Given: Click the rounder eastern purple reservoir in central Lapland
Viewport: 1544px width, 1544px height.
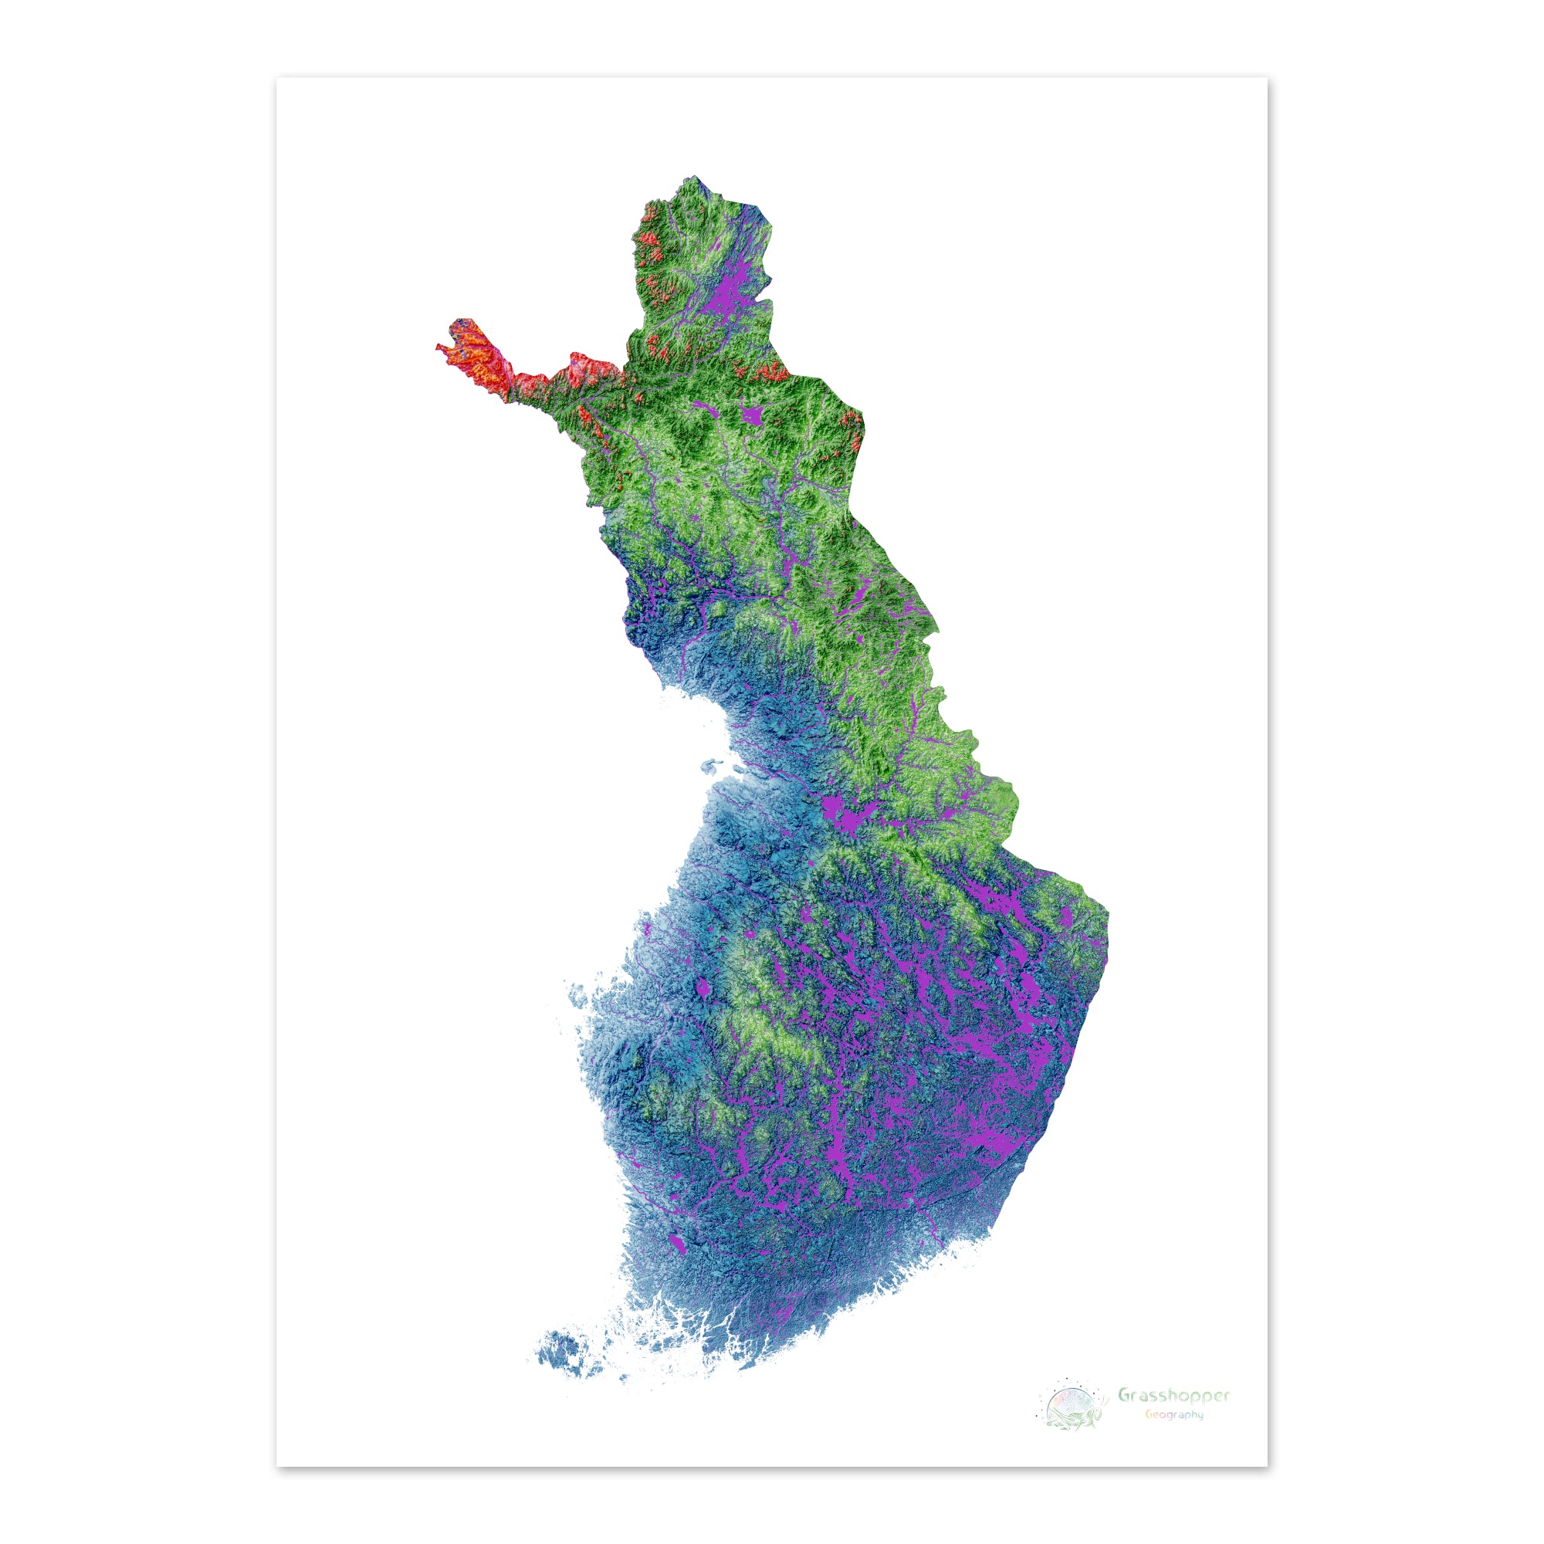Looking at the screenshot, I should (752, 415).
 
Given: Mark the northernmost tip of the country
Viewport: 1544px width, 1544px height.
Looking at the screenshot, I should (695, 177).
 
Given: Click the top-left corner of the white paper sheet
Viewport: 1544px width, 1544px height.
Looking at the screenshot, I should (277, 78).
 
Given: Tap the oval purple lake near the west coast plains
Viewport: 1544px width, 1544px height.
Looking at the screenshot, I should (703, 991).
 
